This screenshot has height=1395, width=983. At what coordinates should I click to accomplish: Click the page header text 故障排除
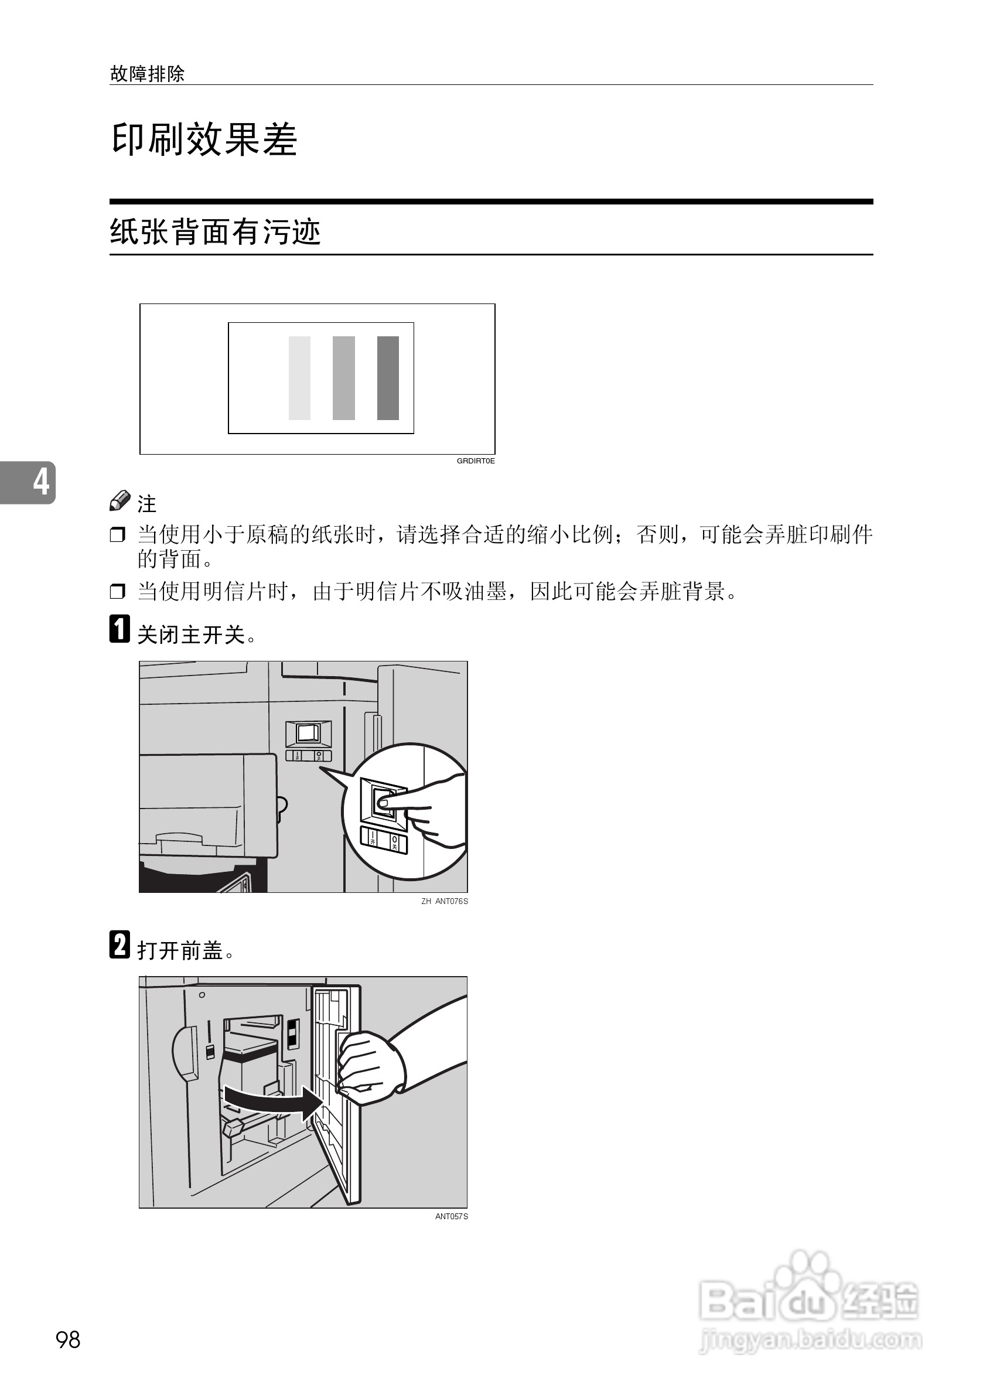pyautogui.click(x=147, y=74)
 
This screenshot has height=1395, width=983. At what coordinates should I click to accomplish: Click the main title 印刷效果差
pyautogui.click(x=204, y=140)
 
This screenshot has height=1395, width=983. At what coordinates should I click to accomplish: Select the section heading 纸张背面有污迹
pyautogui.click(x=215, y=232)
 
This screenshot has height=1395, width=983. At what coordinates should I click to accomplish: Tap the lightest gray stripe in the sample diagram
pyautogui.click(x=299, y=378)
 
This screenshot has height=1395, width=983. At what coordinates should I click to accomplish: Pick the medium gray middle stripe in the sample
pyautogui.click(x=343, y=378)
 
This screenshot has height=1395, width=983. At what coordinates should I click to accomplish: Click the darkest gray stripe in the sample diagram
pyautogui.click(x=388, y=378)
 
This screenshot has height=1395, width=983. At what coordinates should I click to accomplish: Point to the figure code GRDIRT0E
pyautogui.click(x=475, y=461)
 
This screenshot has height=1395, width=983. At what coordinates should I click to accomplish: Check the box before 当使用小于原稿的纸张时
pyautogui.click(x=117, y=536)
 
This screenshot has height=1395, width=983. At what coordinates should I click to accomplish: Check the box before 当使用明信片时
pyautogui.click(x=117, y=591)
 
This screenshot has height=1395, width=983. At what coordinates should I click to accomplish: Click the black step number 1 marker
pyautogui.click(x=120, y=629)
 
